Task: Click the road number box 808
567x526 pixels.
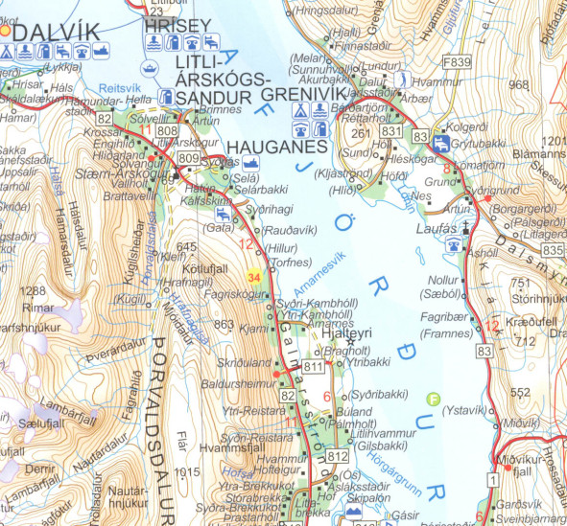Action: pos(167,129)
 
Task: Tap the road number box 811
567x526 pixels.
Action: pos(314,368)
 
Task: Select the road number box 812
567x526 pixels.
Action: pos(337,457)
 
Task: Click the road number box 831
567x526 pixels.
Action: pos(390,130)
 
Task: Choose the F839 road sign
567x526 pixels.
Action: pos(457,61)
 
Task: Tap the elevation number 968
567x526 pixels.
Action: pos(519,85)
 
